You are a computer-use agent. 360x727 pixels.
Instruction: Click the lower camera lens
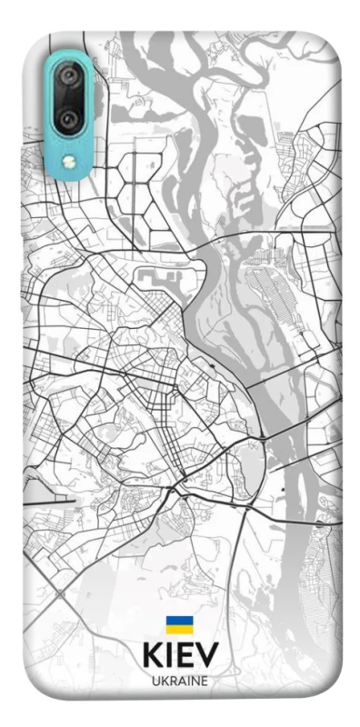(67, 119)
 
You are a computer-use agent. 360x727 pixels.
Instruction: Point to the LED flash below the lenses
(67, 161)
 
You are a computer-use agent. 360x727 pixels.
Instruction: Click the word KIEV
(179, 657)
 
